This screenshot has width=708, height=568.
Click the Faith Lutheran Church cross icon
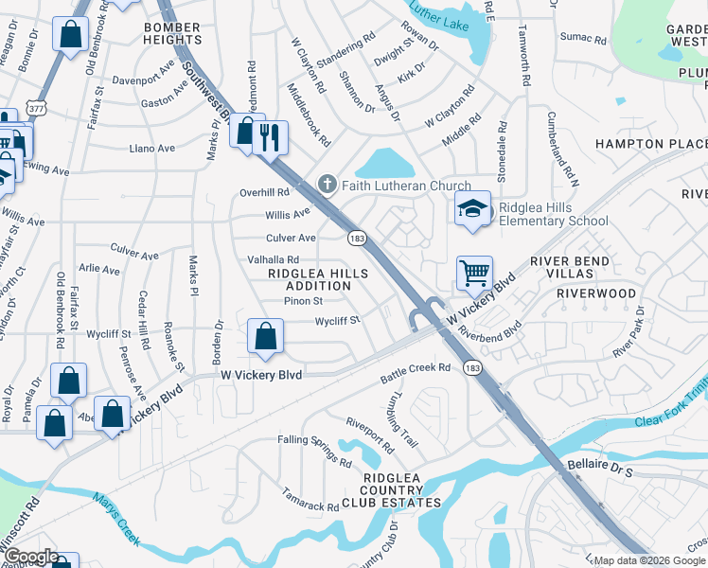(x=327, y=184)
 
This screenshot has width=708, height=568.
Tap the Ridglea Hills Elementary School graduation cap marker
(x=473, y=209)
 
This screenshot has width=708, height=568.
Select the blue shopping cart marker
(x=474, y=273)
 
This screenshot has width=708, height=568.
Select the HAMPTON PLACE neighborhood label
(x=650, y=144)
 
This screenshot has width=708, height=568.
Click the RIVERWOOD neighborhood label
(x=596, y=293)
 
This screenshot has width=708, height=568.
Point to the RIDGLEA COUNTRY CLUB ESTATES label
(x=391, y=495)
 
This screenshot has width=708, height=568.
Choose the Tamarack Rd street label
(x=309, y=500)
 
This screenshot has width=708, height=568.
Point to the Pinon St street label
(x=305, y=301)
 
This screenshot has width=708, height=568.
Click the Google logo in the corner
(x=30, y=557)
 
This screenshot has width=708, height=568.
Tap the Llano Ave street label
(x=152, y=149)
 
